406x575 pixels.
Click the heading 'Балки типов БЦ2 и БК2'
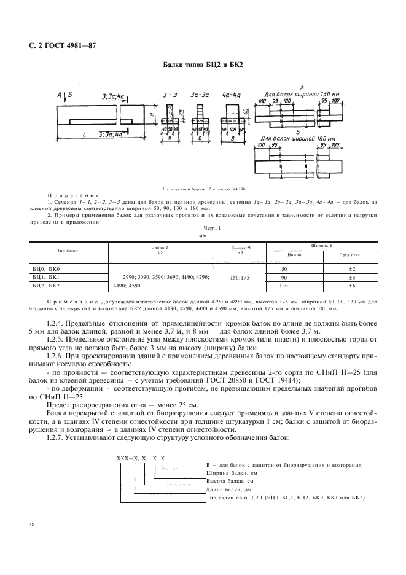pyautogui.click(x=203, y=64)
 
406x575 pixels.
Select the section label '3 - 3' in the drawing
pyautogui.click(x=170, y=95)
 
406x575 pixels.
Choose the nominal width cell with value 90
pyautogui.click(x=284, y=277)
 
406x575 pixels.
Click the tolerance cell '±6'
pyautogui.click(x=351, y=286)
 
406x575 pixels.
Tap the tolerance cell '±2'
pyautogui.click(x=351, y=269)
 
